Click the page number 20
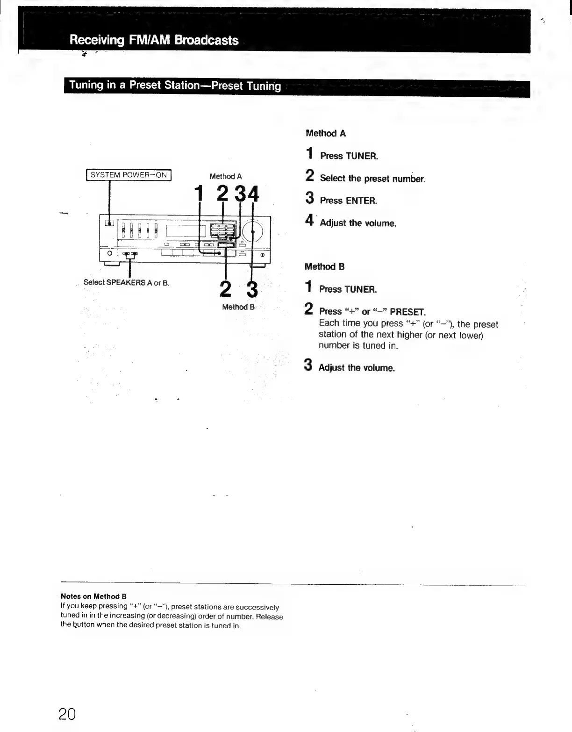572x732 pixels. (x=67, y=714)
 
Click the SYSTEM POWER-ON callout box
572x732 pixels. (x=129, y=175)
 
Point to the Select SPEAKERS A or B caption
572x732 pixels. (x=126, y=282)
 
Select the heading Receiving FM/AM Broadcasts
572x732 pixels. (x=154, y=40)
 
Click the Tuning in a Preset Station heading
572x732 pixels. (x=175, y=86)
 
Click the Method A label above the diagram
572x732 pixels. (x=225, y=176)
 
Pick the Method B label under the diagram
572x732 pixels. (x=238, y=307)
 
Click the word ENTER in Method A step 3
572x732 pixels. (x=361, y=201)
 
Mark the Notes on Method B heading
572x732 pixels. (x=93, y=596)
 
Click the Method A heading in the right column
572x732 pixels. (x=326, y=133)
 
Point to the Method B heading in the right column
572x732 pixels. (x=324, y=266)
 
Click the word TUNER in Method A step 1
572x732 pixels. (x=361, y=156)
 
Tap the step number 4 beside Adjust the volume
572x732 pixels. (x=309, y=220)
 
